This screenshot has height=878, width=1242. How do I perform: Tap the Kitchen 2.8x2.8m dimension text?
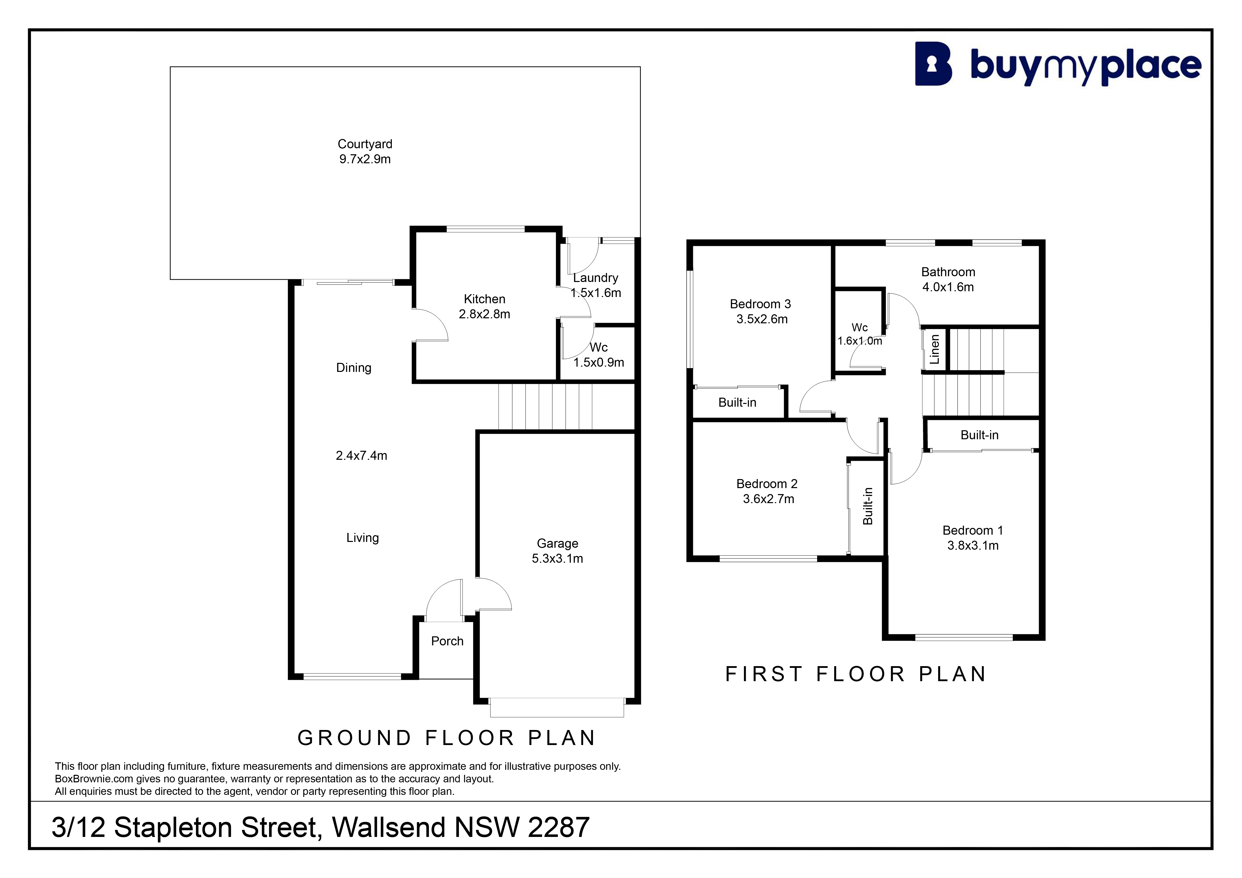(485, 314)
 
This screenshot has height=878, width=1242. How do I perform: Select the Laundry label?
(596, 278)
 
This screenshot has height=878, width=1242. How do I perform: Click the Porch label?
(447, 641)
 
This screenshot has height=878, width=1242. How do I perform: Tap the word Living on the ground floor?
(362, 538)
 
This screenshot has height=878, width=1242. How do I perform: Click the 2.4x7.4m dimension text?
(361, 456)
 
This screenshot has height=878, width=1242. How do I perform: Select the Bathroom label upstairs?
(948, 272)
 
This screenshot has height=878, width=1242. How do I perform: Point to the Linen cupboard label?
(934, 349)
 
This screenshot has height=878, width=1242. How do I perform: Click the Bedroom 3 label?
(761, 304)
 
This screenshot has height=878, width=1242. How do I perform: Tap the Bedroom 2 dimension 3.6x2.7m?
(769, 499)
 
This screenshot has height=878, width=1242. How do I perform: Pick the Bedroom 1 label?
(973, 530)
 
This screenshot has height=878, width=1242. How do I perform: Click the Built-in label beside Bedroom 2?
(868, 506)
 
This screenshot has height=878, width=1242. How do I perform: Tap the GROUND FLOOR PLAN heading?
(447, 738)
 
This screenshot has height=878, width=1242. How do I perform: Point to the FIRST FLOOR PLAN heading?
(856, 674)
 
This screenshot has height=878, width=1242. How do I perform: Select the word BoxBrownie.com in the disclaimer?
(94, 779)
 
